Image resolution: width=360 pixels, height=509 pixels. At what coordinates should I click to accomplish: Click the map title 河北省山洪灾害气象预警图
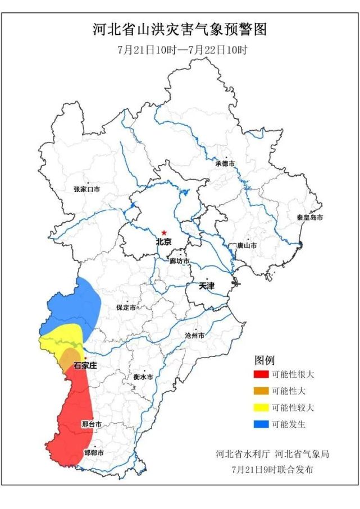[180, 30]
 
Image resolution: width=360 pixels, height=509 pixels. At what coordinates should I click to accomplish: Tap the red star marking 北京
[164, 232]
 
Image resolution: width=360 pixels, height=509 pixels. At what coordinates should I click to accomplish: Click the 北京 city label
[163, 242]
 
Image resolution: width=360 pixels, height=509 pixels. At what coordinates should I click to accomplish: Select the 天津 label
[207, 286]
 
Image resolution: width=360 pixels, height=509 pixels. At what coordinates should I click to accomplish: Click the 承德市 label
[225, 164]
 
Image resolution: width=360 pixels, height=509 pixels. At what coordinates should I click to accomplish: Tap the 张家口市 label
[86, 190]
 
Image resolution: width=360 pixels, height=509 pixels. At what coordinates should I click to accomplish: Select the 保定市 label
[126, 308]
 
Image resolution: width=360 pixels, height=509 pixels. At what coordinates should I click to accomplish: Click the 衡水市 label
[144, 377]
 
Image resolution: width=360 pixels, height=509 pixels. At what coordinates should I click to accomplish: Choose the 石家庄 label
[86, 365]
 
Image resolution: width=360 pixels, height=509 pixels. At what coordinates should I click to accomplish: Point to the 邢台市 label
[92, 424]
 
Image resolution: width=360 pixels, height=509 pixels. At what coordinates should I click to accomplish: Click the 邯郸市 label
[94, 453]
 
